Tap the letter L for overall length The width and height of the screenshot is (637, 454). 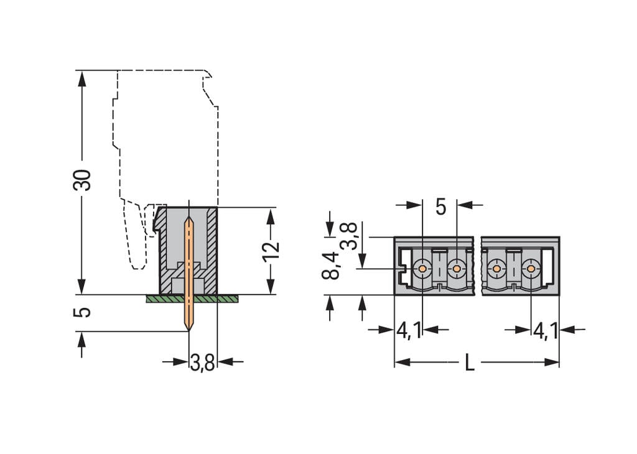pos(470,363)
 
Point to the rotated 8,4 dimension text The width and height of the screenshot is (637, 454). pos(332,266)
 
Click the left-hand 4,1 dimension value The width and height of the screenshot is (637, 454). pos(408,330)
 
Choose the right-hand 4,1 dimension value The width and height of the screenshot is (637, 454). pos(545,330)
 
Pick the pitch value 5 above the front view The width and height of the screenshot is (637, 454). pos(440,206)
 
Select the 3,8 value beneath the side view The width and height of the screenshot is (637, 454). pos(202,363)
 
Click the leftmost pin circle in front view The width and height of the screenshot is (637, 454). pos(422,269)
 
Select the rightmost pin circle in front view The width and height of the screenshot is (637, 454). pos(531,269)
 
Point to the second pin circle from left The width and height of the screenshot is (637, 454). pos(457,269)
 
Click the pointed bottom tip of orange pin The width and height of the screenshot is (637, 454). pos(188,328)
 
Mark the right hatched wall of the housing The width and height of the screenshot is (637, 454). pos(212,249)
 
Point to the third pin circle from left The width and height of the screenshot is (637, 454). pos(496,269)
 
